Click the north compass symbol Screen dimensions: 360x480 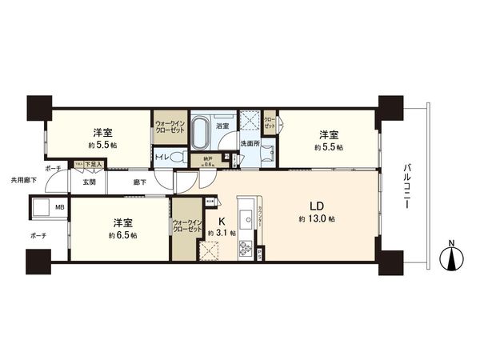tap(453, 258)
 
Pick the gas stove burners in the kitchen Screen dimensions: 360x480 tap(245, 250)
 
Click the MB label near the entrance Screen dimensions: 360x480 tap(58, 207)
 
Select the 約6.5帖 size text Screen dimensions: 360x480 tap(123, 235)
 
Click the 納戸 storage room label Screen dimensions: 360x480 tap(207, 158)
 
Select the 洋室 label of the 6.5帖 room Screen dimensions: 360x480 tap(122, 222)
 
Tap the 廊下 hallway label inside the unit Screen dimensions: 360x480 tap(140, 182)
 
